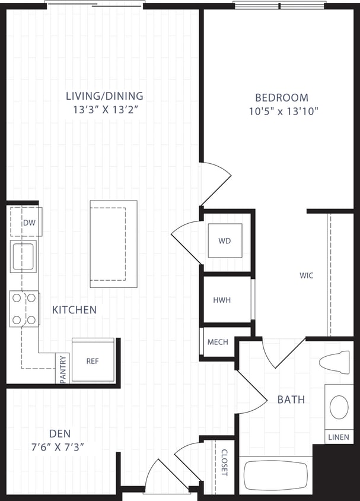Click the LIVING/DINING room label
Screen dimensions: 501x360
click(x=104, y=96)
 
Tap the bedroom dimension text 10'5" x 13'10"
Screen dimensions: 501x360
click(x=282, y=111)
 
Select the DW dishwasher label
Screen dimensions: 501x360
click(x=28, y=223)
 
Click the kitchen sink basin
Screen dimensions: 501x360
click(x=23, y=256)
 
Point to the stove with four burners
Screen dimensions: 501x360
click(x=24, y=309)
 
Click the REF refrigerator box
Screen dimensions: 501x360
click(x=93, y=360)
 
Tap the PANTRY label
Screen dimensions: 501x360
click(x=63, y=369)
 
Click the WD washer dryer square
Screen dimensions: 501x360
click(x=225, y=240)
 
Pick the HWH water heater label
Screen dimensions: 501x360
click(x=222, y=300)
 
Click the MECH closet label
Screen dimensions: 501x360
click(x=218, y=343)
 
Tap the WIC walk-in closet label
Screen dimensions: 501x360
click(x=306, y=275)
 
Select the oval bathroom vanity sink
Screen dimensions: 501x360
click(x=339, y=407)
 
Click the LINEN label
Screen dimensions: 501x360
click(x=339, y=437)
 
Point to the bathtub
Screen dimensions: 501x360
click(x=276, y=475)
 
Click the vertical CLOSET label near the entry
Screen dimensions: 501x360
click(x=224, y=462)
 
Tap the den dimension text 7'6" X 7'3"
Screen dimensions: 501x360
click(x=58, y=447)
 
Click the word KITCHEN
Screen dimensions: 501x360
click(x=74, y=310)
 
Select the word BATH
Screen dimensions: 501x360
click(x=291, y=399)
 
